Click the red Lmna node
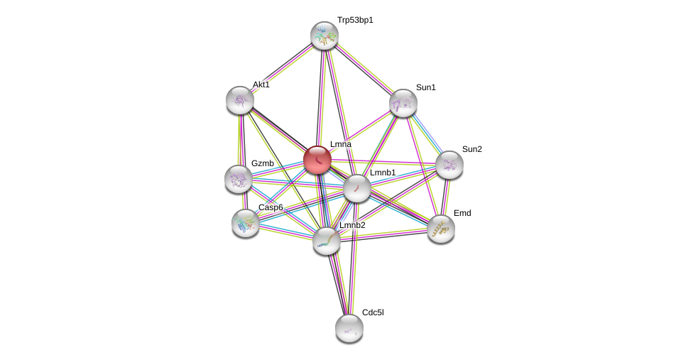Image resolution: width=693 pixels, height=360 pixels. [x=317, y=160]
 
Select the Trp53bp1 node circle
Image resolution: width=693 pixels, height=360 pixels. [x=324, y=36]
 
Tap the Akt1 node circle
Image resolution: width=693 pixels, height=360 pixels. [x=240, y=100]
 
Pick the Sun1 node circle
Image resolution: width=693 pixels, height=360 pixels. [x=403, y=103]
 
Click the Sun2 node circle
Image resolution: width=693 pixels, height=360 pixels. [x=449, y=165]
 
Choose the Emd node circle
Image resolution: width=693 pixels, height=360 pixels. [x=440, y=229]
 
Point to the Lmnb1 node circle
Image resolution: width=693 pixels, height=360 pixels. [x=357, y=188]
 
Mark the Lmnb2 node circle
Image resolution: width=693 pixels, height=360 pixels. [x=327, y=241]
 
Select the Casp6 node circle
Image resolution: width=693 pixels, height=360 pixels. [x=246, y=223]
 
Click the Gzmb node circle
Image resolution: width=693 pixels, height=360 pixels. [x=239, y=179]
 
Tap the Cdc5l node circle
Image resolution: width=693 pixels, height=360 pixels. [x=349, y=328]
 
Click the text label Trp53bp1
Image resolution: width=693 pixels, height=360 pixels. [x=355, y=20]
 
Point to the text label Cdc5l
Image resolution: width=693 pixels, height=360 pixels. [x=373, y=312]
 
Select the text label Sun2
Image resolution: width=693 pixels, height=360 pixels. [x=471, y=149]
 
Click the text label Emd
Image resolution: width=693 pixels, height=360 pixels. [x=462, y=213]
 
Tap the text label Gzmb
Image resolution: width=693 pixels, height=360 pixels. [x=262, y=163]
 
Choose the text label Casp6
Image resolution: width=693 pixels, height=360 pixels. [x=271, y=207]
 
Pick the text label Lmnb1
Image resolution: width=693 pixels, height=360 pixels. [x=383, y=173]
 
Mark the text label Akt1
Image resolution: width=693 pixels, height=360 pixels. [x=261, y=84]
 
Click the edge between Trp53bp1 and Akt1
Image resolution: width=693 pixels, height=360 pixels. [x=282, y=68]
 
